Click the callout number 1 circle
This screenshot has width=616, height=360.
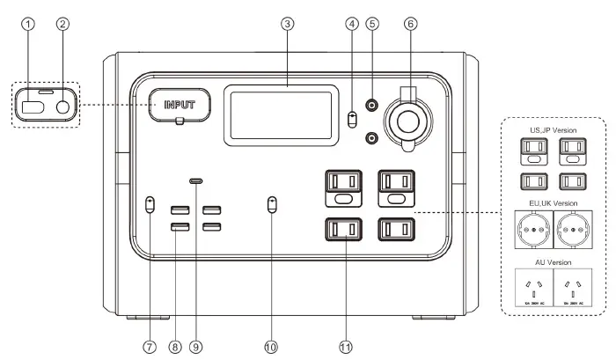click(31, 25)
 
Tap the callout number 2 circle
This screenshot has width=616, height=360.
click(62, 25)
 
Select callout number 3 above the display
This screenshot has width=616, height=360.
click(287, 25)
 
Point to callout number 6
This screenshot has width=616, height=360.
click(410, 25)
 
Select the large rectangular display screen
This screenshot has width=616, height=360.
click(282, 114)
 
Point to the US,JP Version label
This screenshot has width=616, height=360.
click(553, 130)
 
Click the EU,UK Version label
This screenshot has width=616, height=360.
click(553, 202)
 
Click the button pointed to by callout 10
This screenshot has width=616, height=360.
click(271, 204)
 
